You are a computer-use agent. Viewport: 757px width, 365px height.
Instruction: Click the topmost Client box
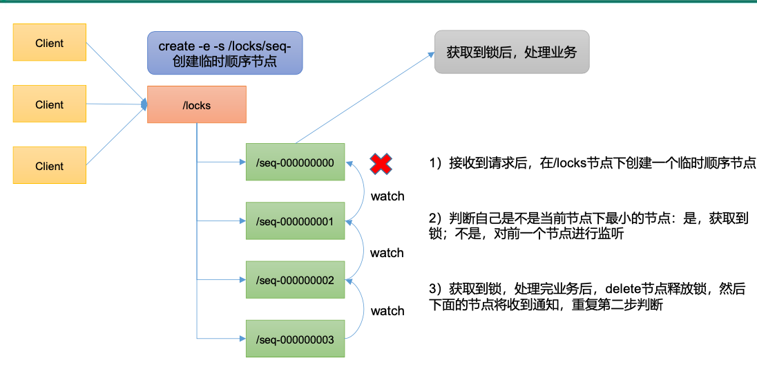[49, 43]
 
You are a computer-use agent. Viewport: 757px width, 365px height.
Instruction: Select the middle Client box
[49, 104]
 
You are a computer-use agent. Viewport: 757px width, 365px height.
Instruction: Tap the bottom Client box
[49, 165]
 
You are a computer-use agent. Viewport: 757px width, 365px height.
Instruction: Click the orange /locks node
[197, 104]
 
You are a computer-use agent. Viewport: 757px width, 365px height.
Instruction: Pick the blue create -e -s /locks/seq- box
[225, 53]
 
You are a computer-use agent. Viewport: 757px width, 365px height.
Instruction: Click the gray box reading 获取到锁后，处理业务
[512, 53]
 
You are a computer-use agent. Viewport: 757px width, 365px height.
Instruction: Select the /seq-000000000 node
[295, 162]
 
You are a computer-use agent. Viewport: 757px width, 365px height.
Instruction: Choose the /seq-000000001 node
[295, 221]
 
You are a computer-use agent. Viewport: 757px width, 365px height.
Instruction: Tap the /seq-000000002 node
[295, 280]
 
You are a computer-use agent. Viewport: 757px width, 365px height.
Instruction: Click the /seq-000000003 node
[295, 339]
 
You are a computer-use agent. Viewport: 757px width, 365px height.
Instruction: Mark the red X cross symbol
[381, 163]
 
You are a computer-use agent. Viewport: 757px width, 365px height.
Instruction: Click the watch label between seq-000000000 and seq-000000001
[387, 197]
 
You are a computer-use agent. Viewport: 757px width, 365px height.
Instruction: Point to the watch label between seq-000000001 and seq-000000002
[387, 253]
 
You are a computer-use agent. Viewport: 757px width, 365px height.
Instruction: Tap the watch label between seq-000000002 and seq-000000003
[387, 311]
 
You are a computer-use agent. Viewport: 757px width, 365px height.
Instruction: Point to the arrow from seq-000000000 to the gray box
[365, 98]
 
